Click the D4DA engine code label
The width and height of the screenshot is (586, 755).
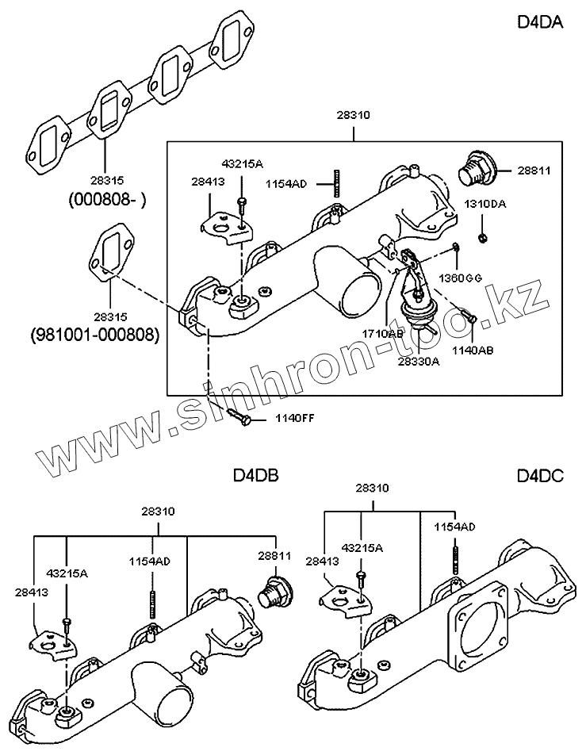540,22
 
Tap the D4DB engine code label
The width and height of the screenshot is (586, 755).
255,476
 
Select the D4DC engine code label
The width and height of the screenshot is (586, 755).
540,476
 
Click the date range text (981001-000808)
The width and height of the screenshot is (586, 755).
95,335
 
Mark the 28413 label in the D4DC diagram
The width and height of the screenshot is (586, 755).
343,561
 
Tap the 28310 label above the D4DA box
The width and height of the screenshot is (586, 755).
354,115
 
